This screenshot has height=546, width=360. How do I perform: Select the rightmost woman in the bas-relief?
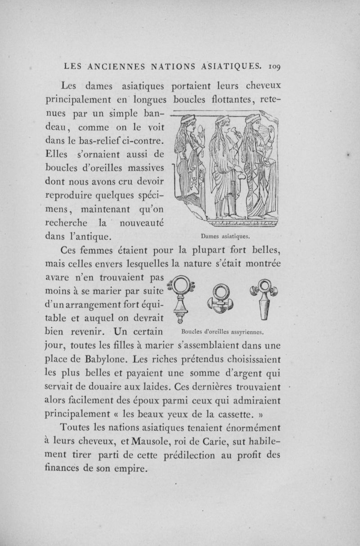click(259, 167)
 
